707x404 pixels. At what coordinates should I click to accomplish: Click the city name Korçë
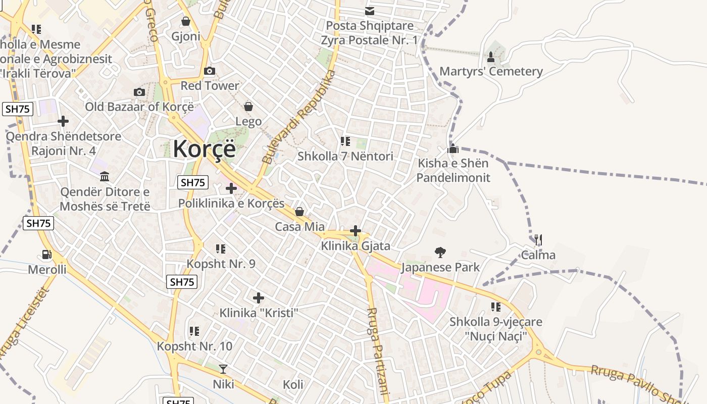[204, 149]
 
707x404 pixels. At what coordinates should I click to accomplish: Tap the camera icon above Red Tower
[210, 71]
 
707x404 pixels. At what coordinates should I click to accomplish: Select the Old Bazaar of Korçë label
[139, 107]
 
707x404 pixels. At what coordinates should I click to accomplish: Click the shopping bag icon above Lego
[248, 107]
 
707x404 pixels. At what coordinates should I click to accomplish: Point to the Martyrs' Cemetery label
[491, 71]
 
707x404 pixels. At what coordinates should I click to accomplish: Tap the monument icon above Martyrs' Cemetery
[491, 57]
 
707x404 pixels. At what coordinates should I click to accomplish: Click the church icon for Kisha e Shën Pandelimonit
[453, 148]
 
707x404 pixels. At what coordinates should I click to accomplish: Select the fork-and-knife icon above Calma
[538, 240]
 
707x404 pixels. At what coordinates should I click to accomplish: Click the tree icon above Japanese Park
[440, 252]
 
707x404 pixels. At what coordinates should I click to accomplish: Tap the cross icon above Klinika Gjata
[356, 231]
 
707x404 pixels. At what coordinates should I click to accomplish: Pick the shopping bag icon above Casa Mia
[299, 212]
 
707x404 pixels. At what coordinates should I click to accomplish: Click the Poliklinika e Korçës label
[231, 204]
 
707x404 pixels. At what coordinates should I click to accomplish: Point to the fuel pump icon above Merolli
[47, 255]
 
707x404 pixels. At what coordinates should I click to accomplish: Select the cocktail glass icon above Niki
[223, 369]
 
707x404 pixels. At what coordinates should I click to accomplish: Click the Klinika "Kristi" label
[259, 313]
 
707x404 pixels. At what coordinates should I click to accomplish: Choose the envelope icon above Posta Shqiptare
[370, 11]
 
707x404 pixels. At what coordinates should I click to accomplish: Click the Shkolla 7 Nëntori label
[345, 157]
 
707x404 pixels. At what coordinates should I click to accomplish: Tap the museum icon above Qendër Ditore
[105, 177]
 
